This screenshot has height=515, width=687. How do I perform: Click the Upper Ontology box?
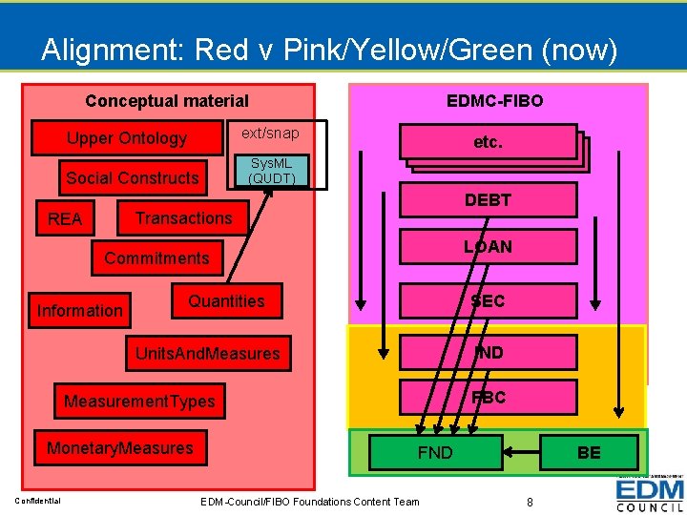tap(126, 138)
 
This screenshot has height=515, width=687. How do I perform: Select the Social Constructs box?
tap(132, 177)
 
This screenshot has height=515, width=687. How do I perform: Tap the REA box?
tap(65, 219)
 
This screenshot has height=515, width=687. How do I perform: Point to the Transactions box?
tap(183, 218)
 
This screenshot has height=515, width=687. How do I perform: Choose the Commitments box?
tap(156, 258)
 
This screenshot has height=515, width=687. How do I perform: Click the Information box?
tap(79, 310)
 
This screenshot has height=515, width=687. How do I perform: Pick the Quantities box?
tap(226, 301)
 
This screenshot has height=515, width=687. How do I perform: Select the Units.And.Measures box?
tap(207, 354)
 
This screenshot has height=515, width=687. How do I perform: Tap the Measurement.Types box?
tap(139, 402)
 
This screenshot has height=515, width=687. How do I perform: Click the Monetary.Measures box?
tap(119, 448)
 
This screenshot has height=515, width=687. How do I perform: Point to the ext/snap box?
tap(270, 134)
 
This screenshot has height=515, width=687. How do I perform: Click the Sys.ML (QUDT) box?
tap(271, 171)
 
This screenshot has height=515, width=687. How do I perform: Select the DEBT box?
tap(488, 200)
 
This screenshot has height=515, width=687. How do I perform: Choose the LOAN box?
tap(488, 247)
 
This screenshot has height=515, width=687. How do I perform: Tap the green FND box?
tap(435, 452)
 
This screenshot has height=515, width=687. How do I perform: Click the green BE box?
tap(589, 452)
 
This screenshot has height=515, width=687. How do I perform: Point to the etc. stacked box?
tap(488, 142)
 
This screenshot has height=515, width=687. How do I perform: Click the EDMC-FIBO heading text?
tap(494, 100)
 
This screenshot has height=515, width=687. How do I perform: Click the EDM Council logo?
tap(650, 494)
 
